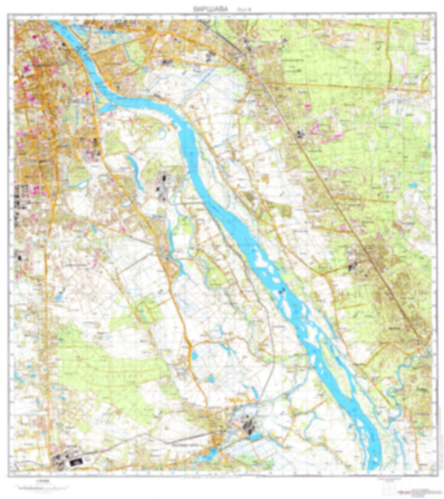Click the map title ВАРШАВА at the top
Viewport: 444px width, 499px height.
[x=194, y=5]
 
